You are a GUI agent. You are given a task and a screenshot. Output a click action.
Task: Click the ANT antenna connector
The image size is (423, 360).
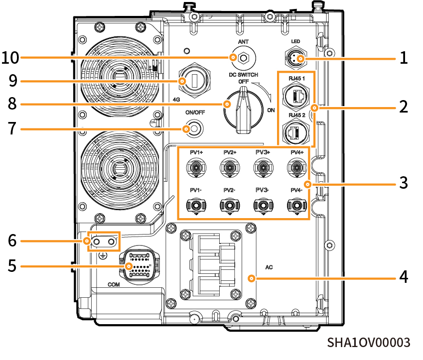tap(243, 58)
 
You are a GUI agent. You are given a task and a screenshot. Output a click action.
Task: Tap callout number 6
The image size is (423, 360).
tap(12, 241)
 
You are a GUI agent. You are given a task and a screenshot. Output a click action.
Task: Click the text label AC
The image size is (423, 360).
tap(269, 267)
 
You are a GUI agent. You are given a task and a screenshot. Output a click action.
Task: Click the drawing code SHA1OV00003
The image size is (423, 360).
tap(369, 343)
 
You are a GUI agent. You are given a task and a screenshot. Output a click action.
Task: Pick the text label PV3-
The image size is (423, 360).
tap(263, 190)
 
